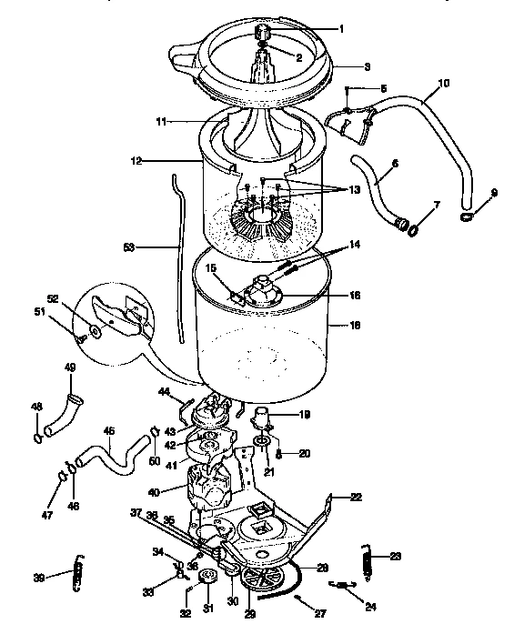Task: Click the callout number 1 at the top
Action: tap(342, 28)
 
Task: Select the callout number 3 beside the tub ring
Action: tap(342, 67)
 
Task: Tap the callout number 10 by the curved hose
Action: tap(443, 83)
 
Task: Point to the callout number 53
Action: tap(128, 246)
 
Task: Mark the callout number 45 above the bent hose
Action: tap(108, 431)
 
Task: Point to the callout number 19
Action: tap(303, 414)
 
